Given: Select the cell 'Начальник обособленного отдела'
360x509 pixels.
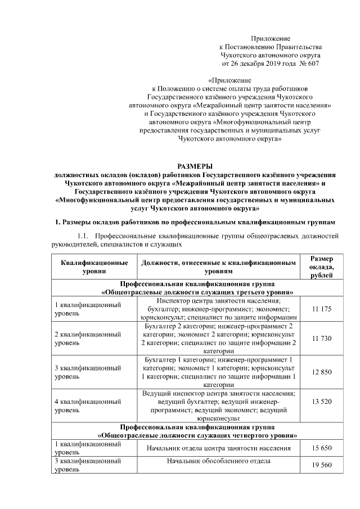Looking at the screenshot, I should tap(219, 461).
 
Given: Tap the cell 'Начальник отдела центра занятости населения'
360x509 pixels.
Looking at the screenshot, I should tap(219, 448).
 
